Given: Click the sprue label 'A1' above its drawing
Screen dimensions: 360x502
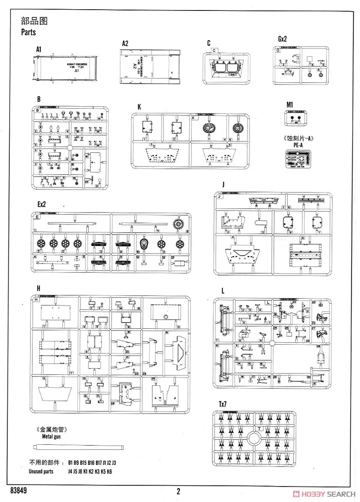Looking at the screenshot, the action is point(39,49).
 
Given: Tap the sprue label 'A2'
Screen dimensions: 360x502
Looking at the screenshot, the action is point(125,44).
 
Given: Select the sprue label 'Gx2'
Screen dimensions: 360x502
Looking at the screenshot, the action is point(283,39).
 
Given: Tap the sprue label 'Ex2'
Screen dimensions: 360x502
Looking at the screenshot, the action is point(41,205).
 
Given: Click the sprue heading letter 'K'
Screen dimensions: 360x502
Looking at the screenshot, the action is point(139,107).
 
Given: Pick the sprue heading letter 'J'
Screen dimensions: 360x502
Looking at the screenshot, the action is point(224,184).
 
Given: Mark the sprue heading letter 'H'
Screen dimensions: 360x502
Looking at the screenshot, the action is point(39,288).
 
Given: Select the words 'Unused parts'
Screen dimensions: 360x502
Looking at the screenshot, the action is point(41,471).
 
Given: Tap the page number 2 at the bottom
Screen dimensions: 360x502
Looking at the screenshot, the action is point(178,492).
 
